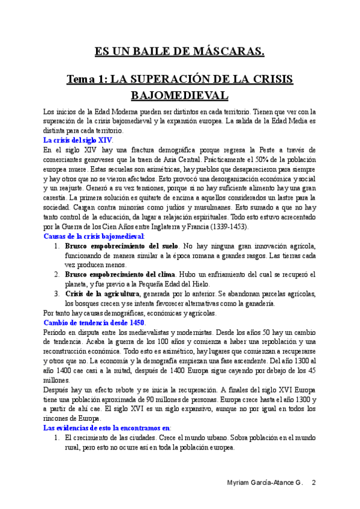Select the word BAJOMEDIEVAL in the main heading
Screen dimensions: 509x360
(179, 95)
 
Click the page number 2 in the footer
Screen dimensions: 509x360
(313, 484)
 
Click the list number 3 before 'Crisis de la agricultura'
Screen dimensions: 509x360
(56, 294)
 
